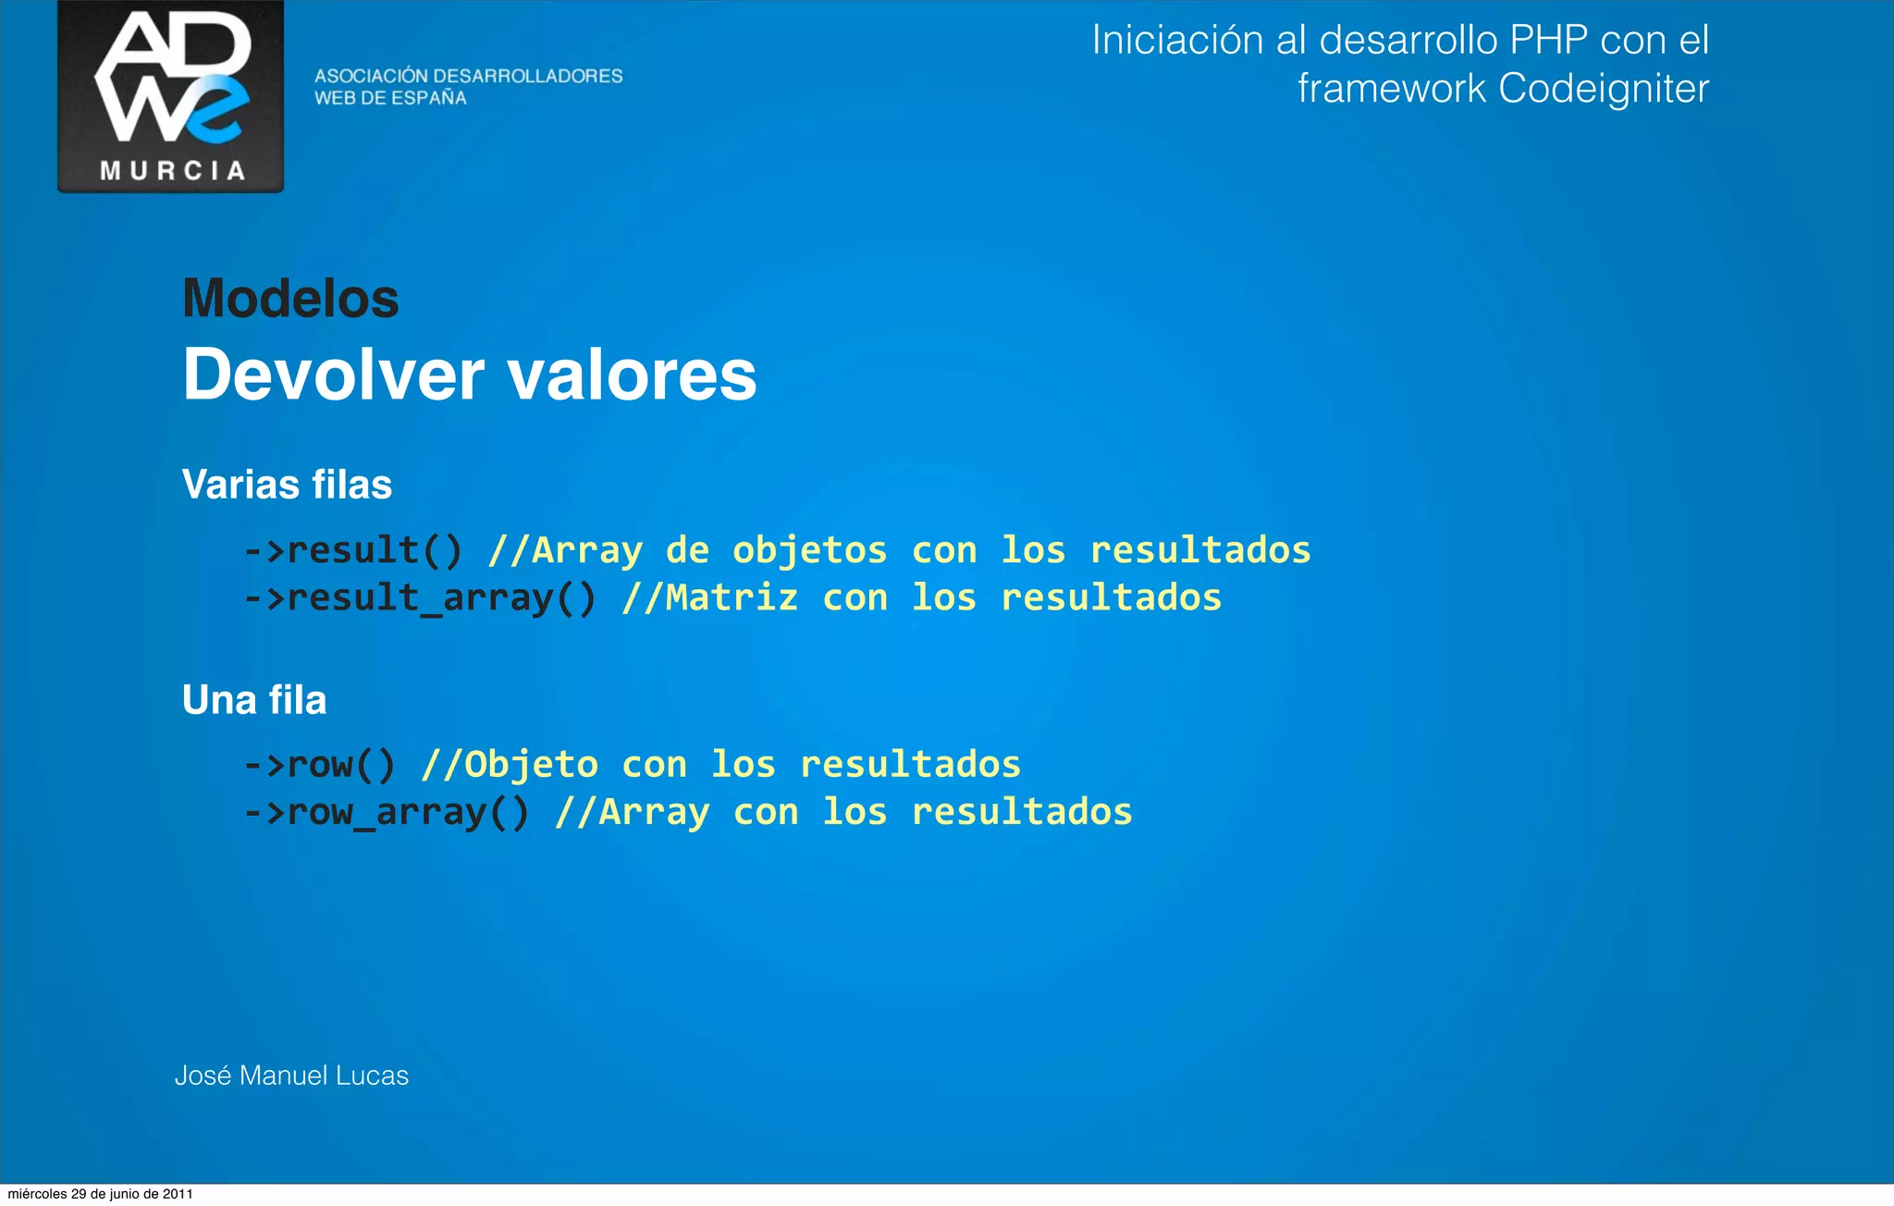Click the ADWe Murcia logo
pyautogui.click(x=171, y=95)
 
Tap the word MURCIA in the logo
pyautogui.click(x=172, y=171)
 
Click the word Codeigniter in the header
pyautogui.click(x=1603, y=89)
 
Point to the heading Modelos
pyautogui.click(x=290, y=299)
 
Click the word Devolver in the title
pyautogui.click(x=333, y=375)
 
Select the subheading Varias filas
pyautogui.click(x=287, y=485)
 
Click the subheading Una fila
pyautogui.click(x=254, y=700)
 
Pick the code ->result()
pyautogui.click(x=353, y=550)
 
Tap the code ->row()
pyautogui.click(x=320, y=765)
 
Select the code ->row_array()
pyautogui.click(x=387, y=812)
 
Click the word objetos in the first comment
pyautogui.click(x=809, y=551)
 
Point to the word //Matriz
pyautogui.click(x=709, y=597)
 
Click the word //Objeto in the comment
pyautogui.click(x=510, y=765)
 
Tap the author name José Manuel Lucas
pyautogui.click(x=291, y=1076)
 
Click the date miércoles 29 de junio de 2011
pyautogui.click(x=100, y=1194)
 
